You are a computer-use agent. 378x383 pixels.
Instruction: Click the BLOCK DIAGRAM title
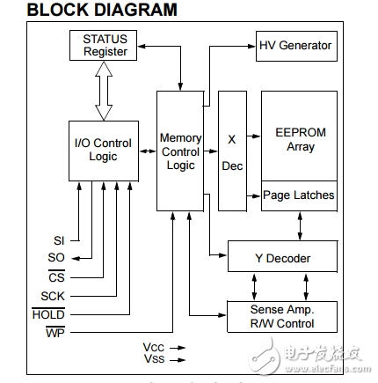pos(90,11)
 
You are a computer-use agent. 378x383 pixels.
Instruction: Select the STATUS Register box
pos(105,45)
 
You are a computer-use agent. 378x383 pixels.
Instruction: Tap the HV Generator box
pos(295,45)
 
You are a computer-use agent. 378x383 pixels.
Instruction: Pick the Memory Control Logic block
pos(180,151)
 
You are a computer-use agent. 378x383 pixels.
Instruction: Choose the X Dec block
pos(232,151)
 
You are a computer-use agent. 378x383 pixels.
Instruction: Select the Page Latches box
pos(299,195)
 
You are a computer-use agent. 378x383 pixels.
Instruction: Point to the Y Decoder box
pos(282,259)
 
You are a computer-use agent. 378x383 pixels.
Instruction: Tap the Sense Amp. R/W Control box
pos(282,316)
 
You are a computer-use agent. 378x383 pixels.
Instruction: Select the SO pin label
pos(57,258)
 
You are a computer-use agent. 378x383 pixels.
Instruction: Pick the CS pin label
pos(57,277)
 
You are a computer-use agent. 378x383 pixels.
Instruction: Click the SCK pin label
pos(53,296)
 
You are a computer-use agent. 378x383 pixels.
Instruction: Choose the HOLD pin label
pos(48,314)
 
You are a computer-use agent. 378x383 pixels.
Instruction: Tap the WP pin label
pos(55,333)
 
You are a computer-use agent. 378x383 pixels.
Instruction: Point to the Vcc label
pos(154,348)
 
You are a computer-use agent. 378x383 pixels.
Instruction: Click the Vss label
pos(154,359)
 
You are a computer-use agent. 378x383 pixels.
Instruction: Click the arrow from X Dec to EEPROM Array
pos(254,136)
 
